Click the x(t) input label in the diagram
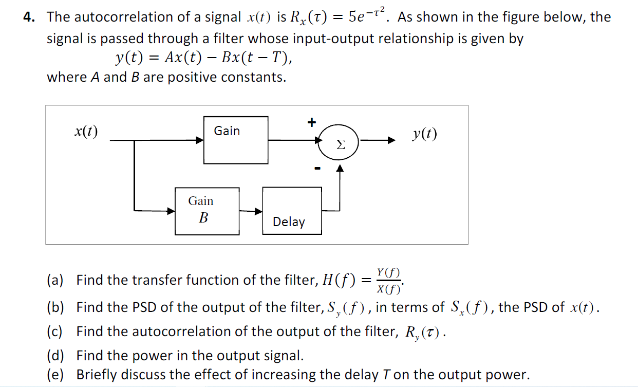[86, 132]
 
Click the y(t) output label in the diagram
[424, 135]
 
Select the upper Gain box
[236, 140]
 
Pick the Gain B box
[207, 211]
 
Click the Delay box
[292, 211]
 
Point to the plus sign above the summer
[311, 122]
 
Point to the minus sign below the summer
[317, 168]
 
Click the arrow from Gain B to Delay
[251, 211]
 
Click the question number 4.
[28, 17]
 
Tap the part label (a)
[55, 280]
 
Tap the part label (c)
[55, 332]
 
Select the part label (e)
[55, 375]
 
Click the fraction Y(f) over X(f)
[389, 280]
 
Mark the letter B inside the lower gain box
[203, 218]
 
